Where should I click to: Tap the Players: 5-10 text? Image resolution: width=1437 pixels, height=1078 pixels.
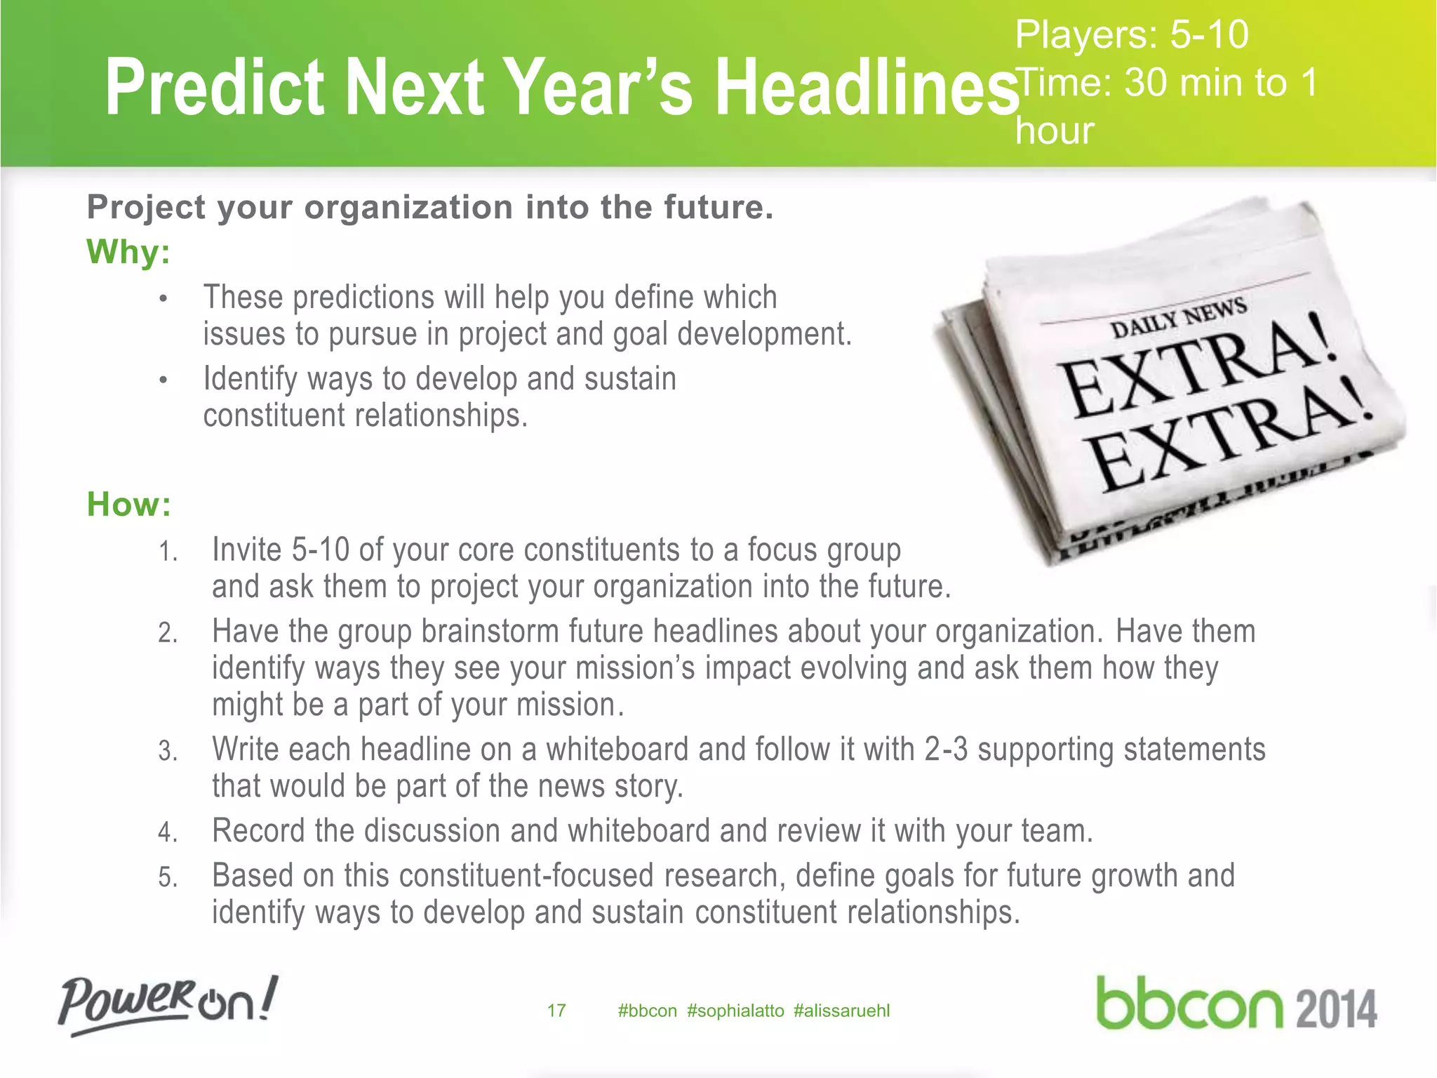tap(1131, 35)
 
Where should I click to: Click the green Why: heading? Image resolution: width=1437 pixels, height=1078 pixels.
tap(128, 251)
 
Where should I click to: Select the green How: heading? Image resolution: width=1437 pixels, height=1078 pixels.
tap(129, 505)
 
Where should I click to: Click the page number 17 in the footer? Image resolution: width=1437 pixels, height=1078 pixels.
tap(556, 1011)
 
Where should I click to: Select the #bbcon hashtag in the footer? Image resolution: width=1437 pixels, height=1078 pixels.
tap(647, 1011)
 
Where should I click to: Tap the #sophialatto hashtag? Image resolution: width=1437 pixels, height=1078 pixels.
tap(735, 1011)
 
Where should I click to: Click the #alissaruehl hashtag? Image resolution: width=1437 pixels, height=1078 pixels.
tap(841, 1011)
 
